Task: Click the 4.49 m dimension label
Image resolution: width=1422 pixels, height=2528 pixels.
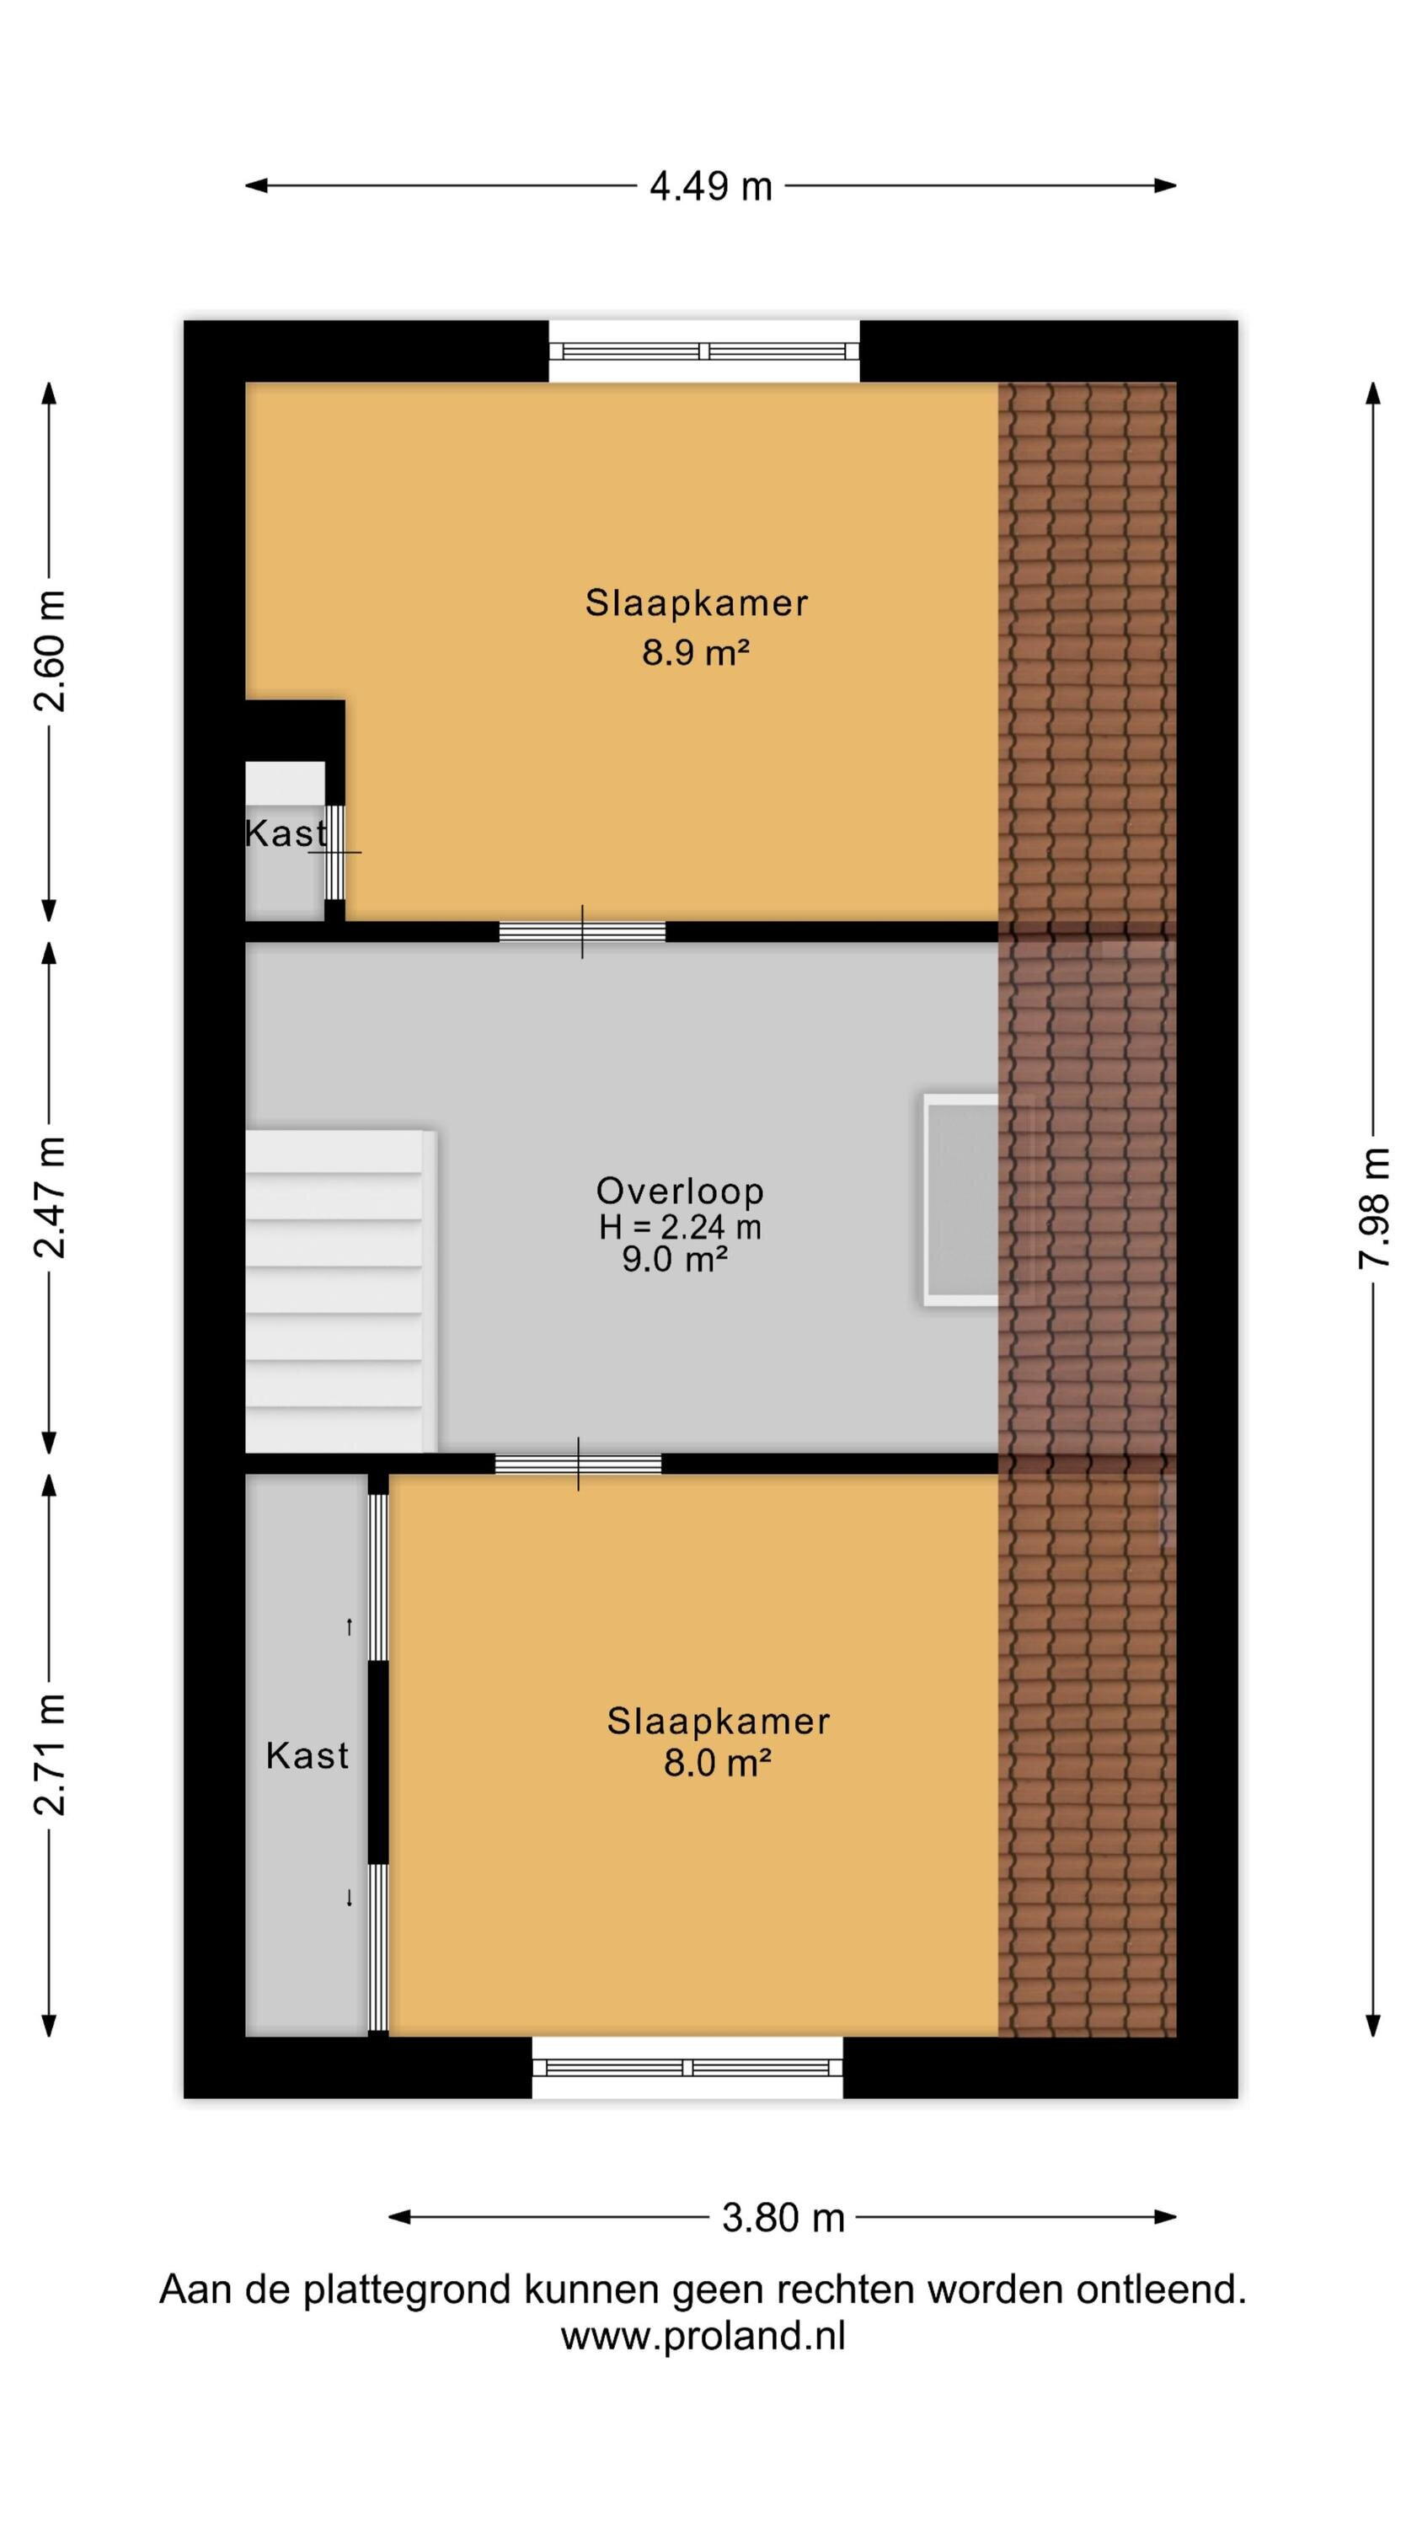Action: (x=710, y=186)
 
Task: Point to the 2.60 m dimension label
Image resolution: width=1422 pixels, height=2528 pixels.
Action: (x=49, y=651)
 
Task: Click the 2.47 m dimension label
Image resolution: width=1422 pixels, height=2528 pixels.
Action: (x=49, y=1197)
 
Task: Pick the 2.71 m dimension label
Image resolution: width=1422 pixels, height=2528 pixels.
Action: (x=49, y=1754)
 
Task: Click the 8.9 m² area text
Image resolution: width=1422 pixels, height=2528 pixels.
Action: (x=696, y=652)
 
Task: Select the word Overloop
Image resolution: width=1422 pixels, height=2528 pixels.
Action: (x=680, y=1191)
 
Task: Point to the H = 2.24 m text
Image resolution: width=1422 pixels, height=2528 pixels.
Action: (x=680, y=1227)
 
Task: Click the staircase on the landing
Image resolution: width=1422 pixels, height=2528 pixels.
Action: (x=339, y=1290)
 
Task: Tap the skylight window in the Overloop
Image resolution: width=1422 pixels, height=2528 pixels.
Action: (x=960, y=1200)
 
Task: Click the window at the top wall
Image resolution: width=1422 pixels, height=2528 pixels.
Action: (x=703, y=351)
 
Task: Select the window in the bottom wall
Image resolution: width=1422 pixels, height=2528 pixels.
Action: (x=687, y=2067)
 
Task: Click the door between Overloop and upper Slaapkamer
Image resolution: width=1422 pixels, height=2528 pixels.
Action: (x=582, y=931)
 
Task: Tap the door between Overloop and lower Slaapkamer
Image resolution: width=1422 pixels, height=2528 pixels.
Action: (x=578, y=1465)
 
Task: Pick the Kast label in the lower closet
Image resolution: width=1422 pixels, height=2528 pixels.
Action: (x=307, y=1755)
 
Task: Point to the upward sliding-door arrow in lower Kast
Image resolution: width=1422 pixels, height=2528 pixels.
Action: (x=349, y=1627)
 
